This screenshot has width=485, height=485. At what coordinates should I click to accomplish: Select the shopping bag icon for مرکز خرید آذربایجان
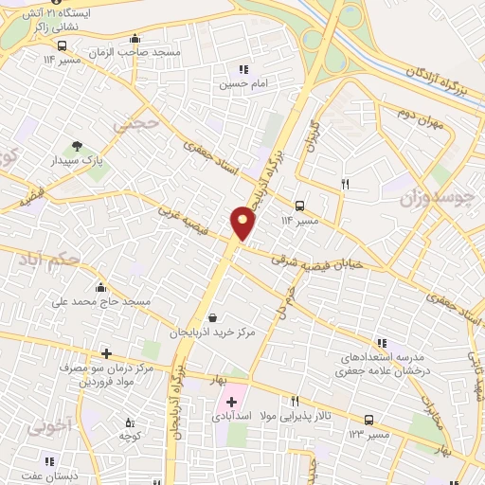tap(212, 317)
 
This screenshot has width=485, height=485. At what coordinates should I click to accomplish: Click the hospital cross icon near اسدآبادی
tap(231, 403)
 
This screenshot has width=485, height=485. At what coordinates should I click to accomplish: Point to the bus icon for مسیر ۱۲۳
tap(368, 420)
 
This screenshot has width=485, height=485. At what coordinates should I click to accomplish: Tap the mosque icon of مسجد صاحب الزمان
tap(135, 39)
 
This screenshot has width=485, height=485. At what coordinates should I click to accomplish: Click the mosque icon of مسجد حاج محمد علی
tap(100, 287)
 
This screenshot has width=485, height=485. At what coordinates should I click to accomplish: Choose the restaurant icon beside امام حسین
tap(242, 69)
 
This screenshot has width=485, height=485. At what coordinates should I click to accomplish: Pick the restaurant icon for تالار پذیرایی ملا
tap(295, 402)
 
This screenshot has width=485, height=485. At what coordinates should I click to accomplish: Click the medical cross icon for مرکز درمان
tap(106, 353)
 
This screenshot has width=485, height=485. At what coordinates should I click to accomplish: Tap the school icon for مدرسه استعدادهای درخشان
tap(381, 342)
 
